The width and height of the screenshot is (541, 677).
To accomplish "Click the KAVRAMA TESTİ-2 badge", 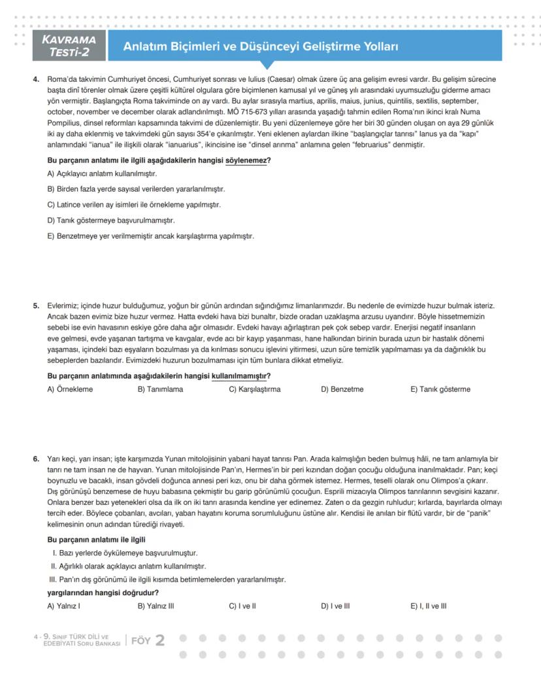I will (x=68, y=46).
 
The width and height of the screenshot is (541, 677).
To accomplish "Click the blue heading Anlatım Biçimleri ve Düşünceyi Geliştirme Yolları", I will (x=261, y=47).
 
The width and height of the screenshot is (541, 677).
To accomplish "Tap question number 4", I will (x=37, y=79).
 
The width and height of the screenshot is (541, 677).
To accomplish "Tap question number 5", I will (x=37, y=305).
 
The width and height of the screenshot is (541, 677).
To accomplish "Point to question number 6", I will (x=37, y=459).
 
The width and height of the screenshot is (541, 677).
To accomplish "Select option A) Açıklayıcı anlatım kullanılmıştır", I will (x=102, y=174).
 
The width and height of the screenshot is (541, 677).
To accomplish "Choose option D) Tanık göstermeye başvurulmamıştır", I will (x=111, y=220).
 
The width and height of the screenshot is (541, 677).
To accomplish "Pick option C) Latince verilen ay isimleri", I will (x=134, y=205).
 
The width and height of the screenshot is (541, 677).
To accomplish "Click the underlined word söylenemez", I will (x=246, y=160).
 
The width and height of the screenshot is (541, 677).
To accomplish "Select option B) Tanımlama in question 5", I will (x=160, y=389).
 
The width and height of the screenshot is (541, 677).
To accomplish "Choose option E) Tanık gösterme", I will (x=440, y=389).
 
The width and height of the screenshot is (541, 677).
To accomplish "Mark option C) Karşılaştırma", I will (x=254, y=389).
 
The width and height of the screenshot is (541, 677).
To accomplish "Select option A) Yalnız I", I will (x=63, y=606).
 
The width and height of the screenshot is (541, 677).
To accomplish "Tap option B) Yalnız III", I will (x=156, y=606).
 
